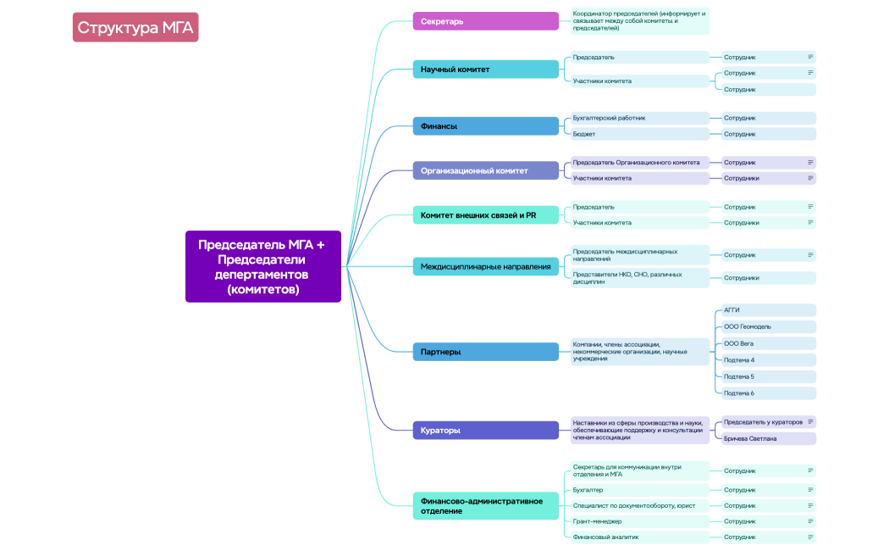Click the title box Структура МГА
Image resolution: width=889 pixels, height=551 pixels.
(135, 28)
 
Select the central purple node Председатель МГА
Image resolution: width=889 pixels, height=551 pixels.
(262, 266)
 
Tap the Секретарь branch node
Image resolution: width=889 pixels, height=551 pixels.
(485, 21)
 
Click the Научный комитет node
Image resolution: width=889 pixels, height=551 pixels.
(485, 70)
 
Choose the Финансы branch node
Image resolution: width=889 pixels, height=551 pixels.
(485, 126)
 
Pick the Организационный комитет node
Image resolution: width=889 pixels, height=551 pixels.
(485, 170)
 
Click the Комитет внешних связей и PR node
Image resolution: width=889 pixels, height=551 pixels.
(485, 215)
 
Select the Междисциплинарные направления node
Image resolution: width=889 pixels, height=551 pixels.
(485, 267)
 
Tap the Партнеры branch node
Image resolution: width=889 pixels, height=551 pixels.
(485, 351)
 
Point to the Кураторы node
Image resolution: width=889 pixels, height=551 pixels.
(485, 431)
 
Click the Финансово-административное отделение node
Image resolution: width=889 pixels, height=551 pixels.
(485, 506)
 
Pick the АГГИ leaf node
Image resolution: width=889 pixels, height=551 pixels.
(765, 310)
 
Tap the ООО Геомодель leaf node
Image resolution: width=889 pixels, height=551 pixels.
(765, 326)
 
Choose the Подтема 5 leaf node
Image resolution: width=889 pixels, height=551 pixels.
(765, 376)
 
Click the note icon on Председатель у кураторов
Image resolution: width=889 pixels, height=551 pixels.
(810, 421)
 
